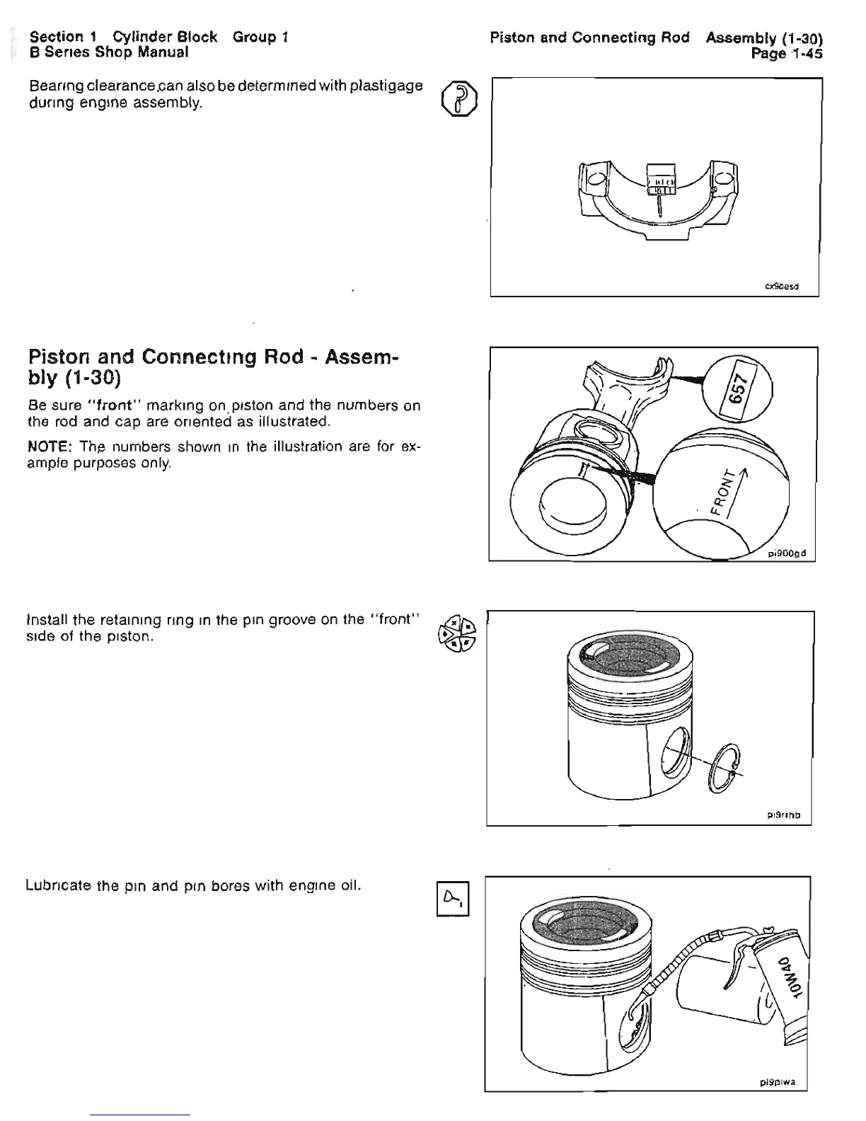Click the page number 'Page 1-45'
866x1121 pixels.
[787, 53]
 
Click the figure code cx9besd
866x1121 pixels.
[783, 287]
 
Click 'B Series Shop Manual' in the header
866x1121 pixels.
[108, 52]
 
